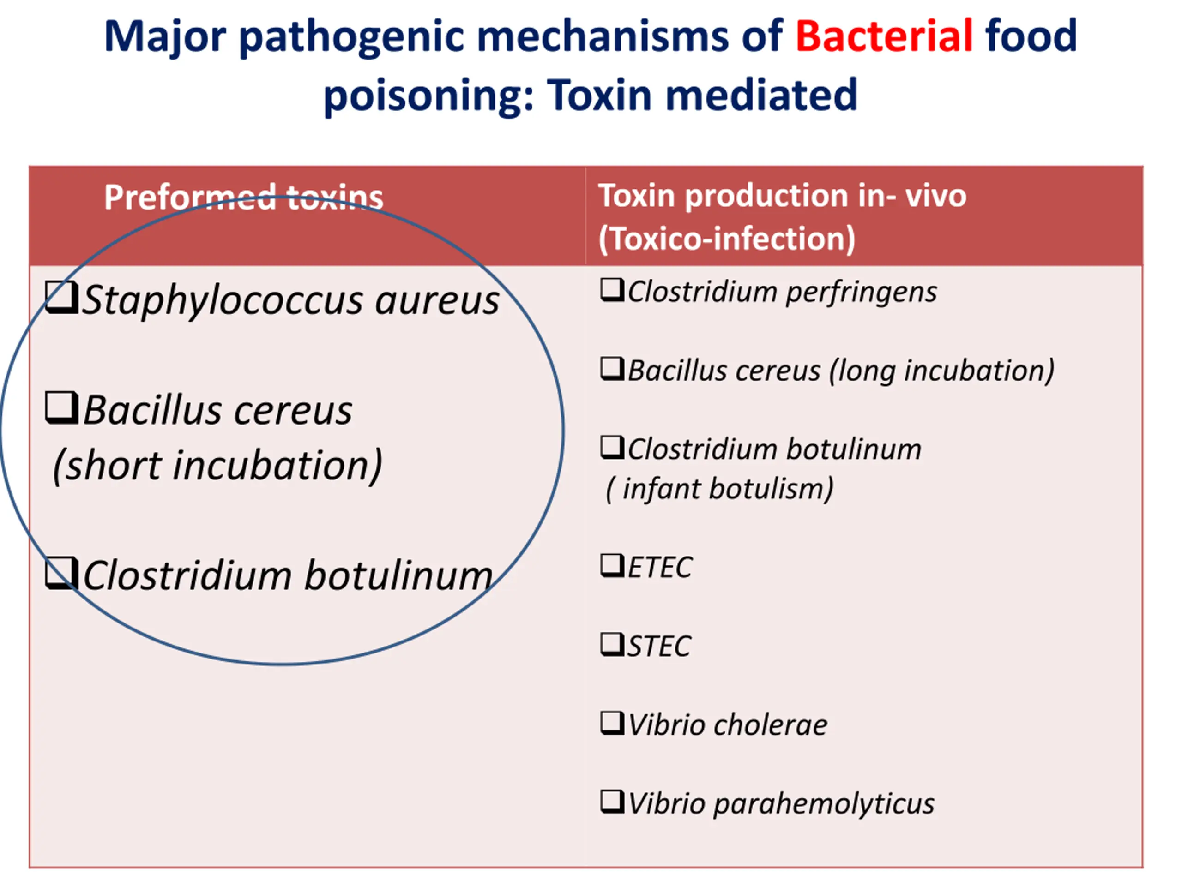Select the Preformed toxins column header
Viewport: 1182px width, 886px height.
coord(243,197)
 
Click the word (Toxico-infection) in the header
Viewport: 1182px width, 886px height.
coord(727,238)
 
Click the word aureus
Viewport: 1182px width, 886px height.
coord(437,301)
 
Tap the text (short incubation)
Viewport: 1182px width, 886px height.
coord(217,465)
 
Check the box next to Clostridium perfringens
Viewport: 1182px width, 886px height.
coord(612,291)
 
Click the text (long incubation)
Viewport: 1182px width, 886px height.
coord(941,371)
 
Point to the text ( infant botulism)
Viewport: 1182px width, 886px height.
coord(719,489)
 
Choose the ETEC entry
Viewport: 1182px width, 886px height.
coord(659,567)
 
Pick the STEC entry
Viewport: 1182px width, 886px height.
coord(658,646)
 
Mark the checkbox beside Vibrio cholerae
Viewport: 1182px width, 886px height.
coord(612,723)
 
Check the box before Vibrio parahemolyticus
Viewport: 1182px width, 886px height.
coord(612,802)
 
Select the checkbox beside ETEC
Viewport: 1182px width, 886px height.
coord(612,566)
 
